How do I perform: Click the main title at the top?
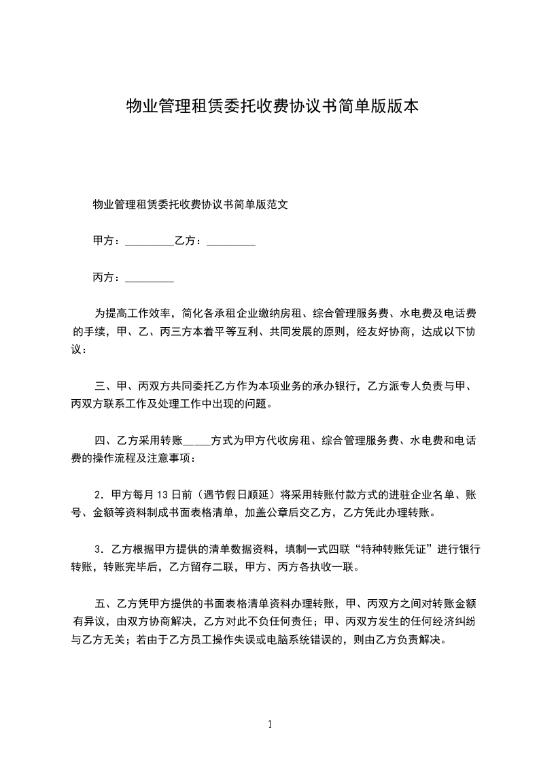tap(273, 106)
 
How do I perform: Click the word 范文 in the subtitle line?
tap(279, 203)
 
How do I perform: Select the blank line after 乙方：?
tap(230, 241)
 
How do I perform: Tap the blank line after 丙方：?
tap(150, 277)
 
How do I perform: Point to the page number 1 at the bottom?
tap(270, 724)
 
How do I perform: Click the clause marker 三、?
tap(105, 386)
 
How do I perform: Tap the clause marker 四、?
tap(105, 441)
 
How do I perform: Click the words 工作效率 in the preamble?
tap(152, 313)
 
